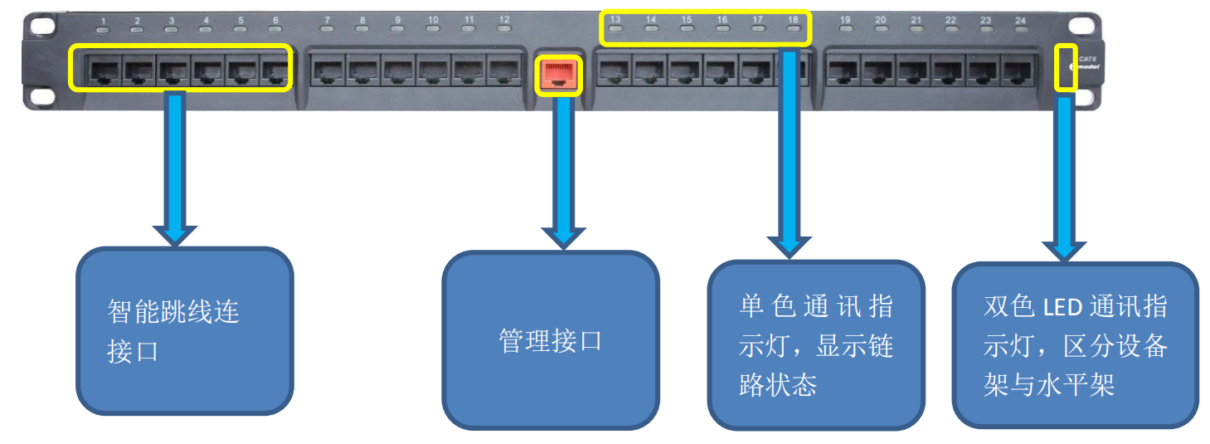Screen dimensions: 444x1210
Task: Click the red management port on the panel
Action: (560, 75)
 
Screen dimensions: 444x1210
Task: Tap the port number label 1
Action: (103, 20)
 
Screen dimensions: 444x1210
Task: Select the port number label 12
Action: (504, 19)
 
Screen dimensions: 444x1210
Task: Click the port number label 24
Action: (1020, 20)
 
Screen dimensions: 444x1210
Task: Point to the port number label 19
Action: (845, 20)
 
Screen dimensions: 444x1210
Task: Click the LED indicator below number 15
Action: (687, 30)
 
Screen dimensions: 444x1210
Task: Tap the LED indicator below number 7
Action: (328, 30)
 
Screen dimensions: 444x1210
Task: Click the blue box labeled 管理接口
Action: (550, 340)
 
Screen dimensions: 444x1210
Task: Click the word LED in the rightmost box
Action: (1063, 308)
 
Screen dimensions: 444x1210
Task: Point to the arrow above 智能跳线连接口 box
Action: (175, 166)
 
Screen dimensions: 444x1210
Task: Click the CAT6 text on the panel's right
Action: (1086, 57)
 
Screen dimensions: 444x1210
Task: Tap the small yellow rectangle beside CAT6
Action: (1066, 68)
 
